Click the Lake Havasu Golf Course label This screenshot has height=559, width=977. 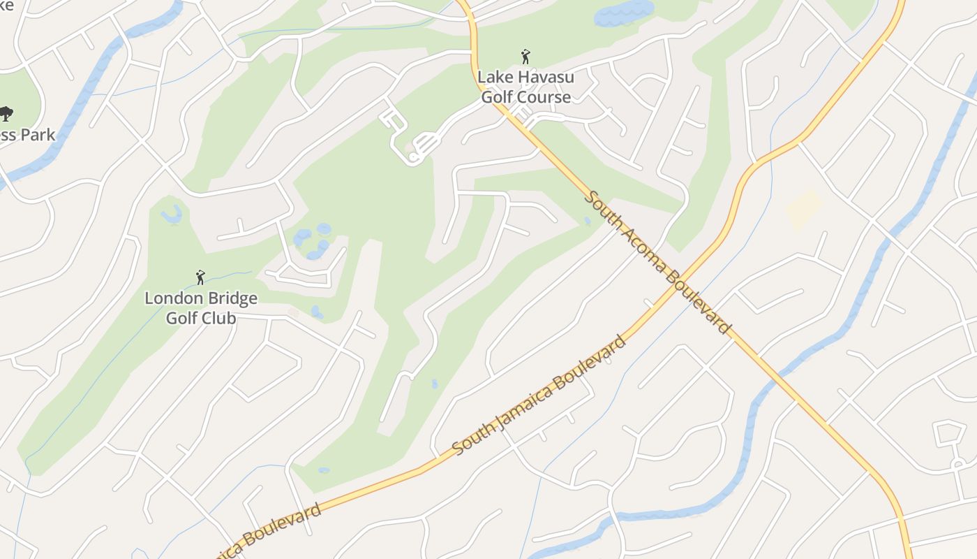coord(525,87)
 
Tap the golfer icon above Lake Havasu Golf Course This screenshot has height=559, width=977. coord(525,57)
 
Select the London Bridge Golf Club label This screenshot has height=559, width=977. coord(201,308)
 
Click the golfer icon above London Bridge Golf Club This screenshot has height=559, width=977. coord(200,277)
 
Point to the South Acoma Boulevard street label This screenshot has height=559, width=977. coord(657,263)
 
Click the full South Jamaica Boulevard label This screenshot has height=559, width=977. coord(539,395)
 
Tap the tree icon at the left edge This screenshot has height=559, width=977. coord(6,113)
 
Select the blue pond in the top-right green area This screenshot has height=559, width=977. coord(623,13)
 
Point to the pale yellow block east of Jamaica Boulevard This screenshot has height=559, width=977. coord(804,208)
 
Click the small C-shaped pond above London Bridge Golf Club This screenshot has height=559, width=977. coord(172,215)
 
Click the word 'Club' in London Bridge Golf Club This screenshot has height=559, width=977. coord(219,318)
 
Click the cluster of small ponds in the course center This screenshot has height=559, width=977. coord(313,241)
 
